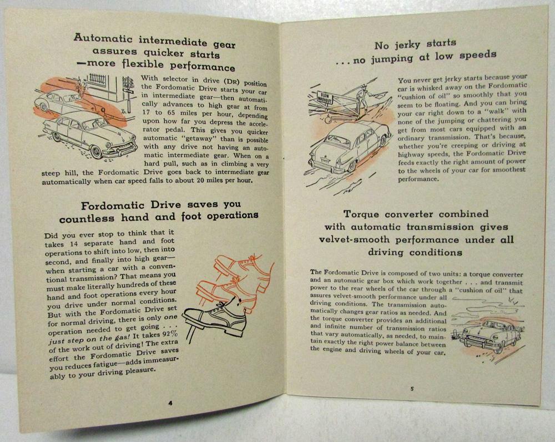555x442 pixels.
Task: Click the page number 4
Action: [x=170, y=403]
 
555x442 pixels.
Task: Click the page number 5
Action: [x=412, y=389]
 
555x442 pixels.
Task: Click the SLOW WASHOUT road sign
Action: [x=325, y=98]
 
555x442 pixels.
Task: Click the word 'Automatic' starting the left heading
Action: [x=103, y=38]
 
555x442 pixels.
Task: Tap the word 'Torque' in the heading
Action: [x=361, y=215]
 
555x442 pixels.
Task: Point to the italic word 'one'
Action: [x=170, y=317]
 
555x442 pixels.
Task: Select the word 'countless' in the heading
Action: [x=87, y=219]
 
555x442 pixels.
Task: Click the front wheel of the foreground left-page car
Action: [x=96, y=152]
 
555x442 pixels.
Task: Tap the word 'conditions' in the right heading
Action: [x=436, y=253]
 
